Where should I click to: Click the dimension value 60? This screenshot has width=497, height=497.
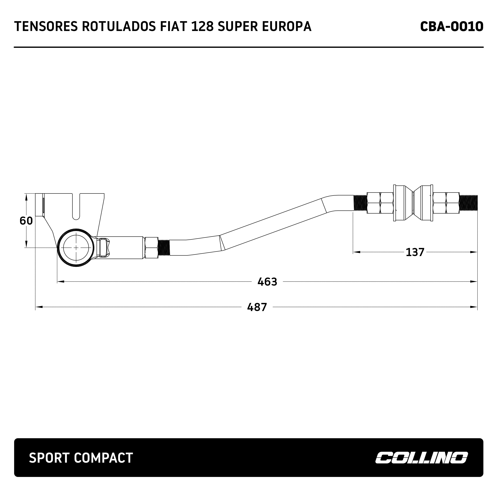(x=26, y=221)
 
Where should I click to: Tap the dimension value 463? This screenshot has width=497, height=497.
(x=267, y=282)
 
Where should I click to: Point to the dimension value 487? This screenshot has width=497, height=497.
(x=257, y=307)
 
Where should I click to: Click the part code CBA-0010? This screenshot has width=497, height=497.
(x=452, y=27)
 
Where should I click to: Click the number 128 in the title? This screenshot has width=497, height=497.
(x=203, y=27)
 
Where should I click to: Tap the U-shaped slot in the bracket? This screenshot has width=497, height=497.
(x=76, y=208)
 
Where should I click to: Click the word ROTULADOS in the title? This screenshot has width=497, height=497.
(x=119, y=27)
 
